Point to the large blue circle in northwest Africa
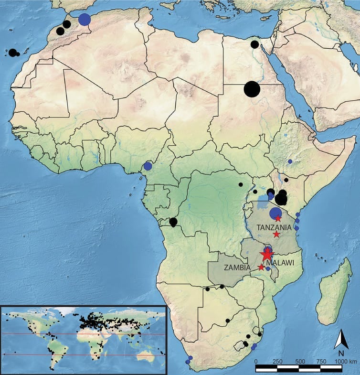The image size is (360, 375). (x=85, y=19)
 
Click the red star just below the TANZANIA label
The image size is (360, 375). (x=276, y=234)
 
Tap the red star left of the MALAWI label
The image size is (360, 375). (x=261, y=267)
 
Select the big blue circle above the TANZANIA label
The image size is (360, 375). (x=275, y=214)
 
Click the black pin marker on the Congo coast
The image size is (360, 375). (x=173, y=222)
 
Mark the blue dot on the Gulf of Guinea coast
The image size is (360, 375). (x=148, y=166)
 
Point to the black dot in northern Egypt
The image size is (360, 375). (x=254, y=44)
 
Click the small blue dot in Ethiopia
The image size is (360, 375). (x=290, y=161)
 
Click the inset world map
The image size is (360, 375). (x=84, y=338)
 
